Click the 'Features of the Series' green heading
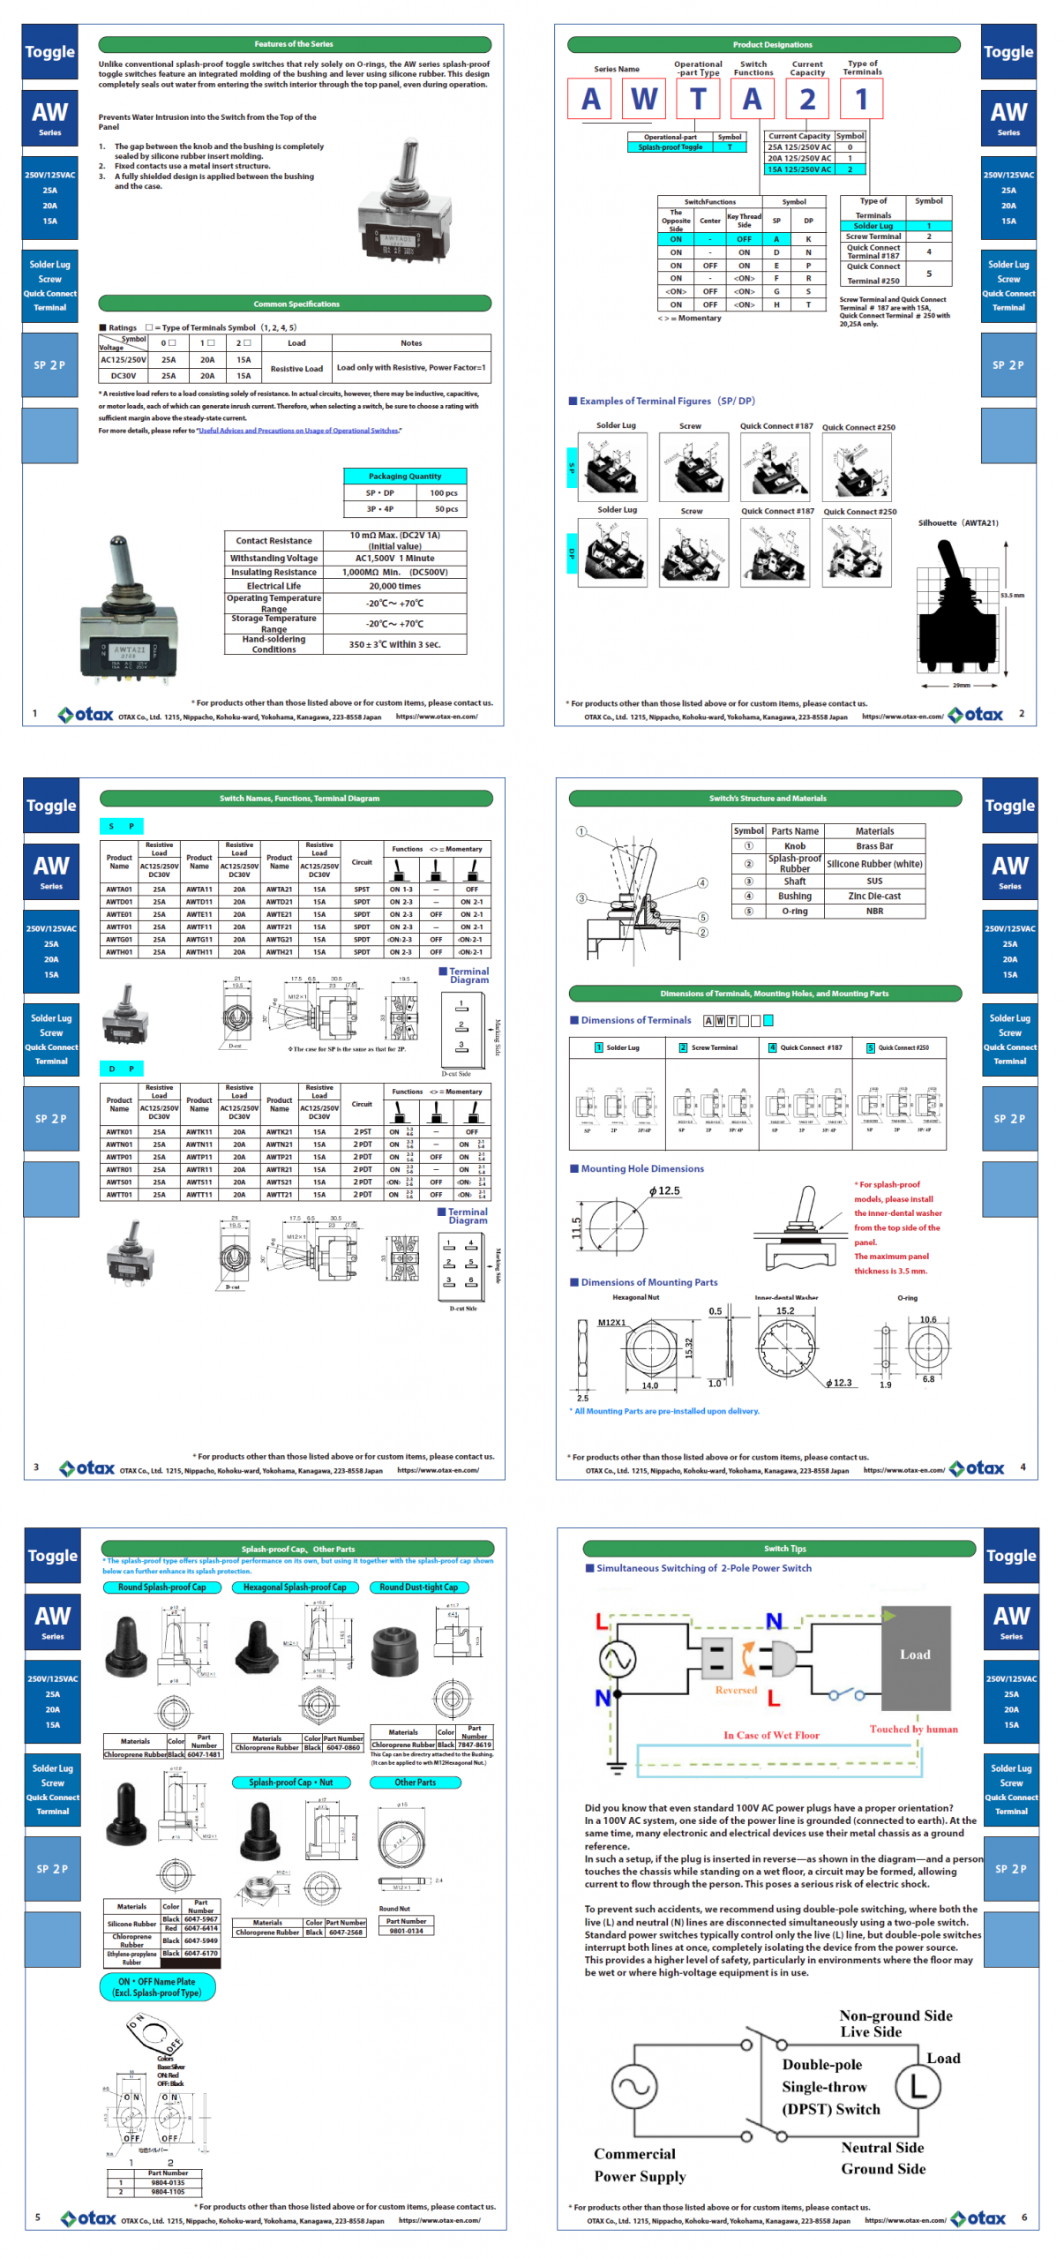coord(294,44)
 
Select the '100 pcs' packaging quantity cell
coord(443,492)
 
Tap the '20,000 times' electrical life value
coord(394,586)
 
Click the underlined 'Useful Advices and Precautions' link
coord(298,431)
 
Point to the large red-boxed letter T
coord(698,99)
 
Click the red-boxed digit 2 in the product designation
coord(806,99)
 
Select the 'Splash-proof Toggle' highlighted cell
coord(671,147)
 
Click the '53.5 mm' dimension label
coord(1011,595)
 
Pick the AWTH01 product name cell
coord(119,952)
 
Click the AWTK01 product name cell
coord(119,1131)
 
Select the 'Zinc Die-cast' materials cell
coord(873,896)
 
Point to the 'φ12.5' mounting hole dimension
coord(664,1190)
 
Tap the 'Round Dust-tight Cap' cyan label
coord(418,1587)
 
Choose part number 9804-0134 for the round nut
coord(406,1931)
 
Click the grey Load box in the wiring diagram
coord(915,1654)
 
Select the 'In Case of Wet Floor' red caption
coord(770,1735)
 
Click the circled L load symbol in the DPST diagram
coord(918,2086)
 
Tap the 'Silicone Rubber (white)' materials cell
coord(873,864)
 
